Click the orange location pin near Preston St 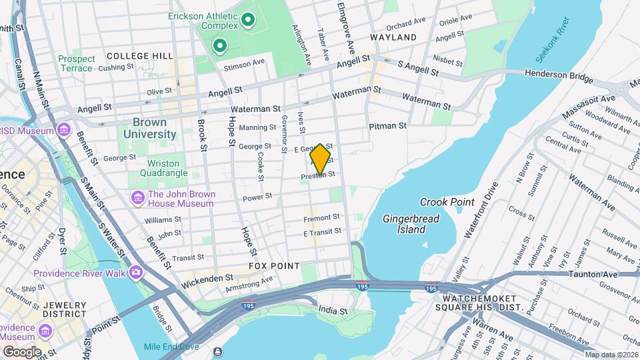[321, 159]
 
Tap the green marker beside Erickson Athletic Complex [249, 21]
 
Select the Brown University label [149, 128]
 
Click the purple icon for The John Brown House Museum [138, 197]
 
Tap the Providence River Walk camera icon [137, 272]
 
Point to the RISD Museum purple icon [64, 129]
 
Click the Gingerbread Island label [404, 224]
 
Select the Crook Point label [447, 202]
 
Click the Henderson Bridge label [559, 77]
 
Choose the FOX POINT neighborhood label [274, 266]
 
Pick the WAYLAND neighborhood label [393, 37]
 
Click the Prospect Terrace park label [76, 63]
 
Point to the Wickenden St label [209, 277]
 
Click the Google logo [22, 351]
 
